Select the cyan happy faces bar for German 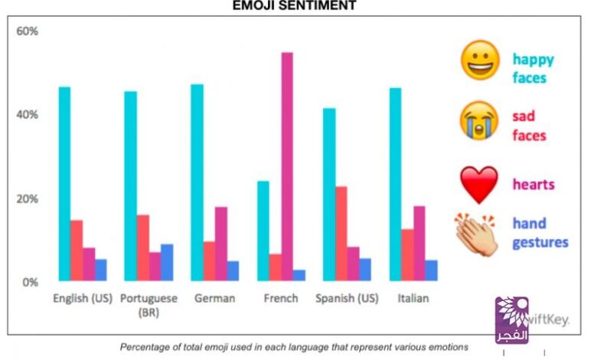(197, 182)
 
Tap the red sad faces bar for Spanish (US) (341, 233)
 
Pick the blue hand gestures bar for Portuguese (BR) (167, 262)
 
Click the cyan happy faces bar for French (263, 231)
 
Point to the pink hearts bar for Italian (419, 243)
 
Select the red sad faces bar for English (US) (77, 250)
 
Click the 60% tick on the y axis (28, 31)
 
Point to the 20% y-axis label (28, 198)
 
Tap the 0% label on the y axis (30, 282)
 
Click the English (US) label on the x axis (80, 298)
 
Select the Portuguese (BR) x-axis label (148, 305)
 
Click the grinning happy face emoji (480, 61)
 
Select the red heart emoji (479, 184)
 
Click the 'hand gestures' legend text (540, 233)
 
